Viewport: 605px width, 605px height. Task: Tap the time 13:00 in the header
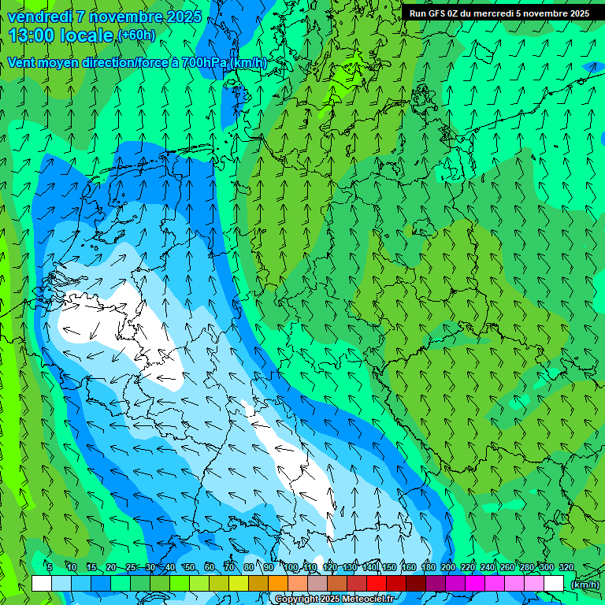(x=35, y=35)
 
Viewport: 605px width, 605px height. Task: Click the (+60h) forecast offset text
(x=136, y=35)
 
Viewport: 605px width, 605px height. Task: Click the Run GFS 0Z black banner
(x=499, y=13)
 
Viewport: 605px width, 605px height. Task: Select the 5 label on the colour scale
(x=50, y=567)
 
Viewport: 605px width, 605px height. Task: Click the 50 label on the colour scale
(x=189, y=567)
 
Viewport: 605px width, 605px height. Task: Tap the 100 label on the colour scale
(x=291, y=567)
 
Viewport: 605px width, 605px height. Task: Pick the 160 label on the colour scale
(x=409, y=567)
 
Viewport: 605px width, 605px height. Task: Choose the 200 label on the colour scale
(x=448, y=567)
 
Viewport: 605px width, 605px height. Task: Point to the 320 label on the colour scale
(x=566, y=567)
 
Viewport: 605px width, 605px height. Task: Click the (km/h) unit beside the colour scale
(x=585, y=585)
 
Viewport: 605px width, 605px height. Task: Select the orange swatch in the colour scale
(x=278, y=584)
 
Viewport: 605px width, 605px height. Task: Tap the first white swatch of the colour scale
(x=42, y=584)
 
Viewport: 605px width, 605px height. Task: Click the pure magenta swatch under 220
(x=475, y=584)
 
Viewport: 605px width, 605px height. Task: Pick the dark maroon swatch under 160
(x=416, y=584)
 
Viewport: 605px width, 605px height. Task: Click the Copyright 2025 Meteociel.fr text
(x=335, y=599)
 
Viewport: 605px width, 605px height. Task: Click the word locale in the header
(x=87, y=35)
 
